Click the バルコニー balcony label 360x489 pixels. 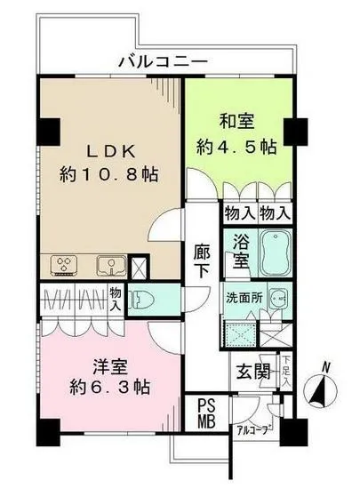(x=166, y=61)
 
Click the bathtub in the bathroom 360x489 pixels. (x=276, y=253)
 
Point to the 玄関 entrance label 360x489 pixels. (x=252, y=371)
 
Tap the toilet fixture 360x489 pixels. (x=145, y=298)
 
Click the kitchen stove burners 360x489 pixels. (x=65, y=263)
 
